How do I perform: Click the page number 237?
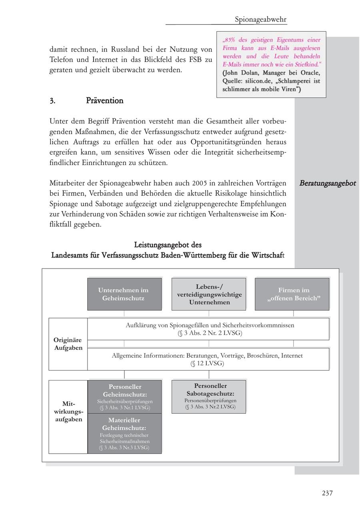[327, 493]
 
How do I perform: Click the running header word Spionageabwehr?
[260, 19]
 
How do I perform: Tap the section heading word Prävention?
[104, 101]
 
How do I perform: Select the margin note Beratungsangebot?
[328, 183]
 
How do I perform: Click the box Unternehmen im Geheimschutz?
[124, 294]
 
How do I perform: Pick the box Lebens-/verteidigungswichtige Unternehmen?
[209, 294]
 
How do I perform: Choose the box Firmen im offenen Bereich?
[292, 294]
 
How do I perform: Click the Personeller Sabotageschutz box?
[209, 396]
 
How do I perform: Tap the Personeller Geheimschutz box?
[124, 396]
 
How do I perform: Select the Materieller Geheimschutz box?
[124, 433]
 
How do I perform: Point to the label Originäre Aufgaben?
[68, 344]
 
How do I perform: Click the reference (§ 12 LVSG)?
[207, 363]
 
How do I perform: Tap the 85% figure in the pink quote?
[230, 40]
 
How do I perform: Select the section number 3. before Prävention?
[52, 101]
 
